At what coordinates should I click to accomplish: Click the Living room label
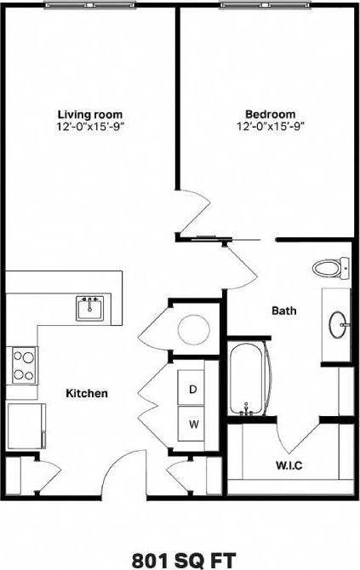tap(90, 114)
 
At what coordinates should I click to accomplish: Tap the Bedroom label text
tap(271, 114)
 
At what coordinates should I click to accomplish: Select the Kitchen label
tap(87, 393)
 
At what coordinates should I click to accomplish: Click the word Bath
tap(284, 311)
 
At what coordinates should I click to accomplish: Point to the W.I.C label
tap(290, 465)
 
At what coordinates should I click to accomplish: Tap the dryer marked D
tap(193, 389)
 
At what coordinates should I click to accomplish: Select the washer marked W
tap(193, 423)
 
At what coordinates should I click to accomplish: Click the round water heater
tap(189, 328)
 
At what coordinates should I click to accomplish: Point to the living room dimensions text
tap(90, 126)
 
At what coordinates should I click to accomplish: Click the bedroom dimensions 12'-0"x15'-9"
tap(271, 126)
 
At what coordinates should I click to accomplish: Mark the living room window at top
tap(90, 5)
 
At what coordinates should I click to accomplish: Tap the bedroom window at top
tap(264, 5)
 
